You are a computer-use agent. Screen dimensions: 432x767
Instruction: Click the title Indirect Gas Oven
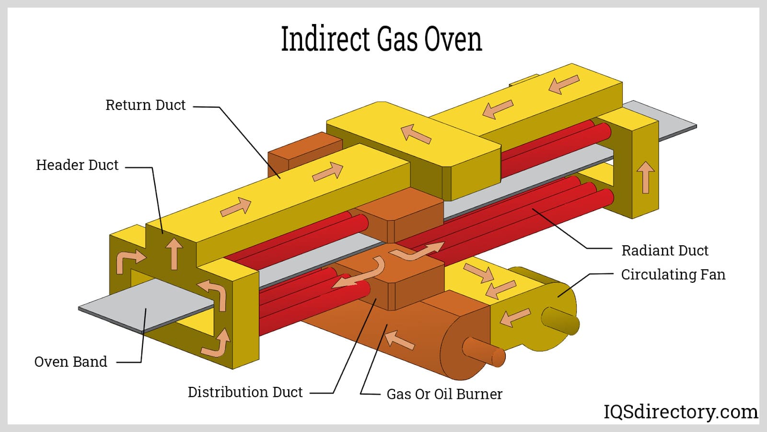click(381, 39)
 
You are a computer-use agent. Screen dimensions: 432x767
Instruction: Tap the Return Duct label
click(145, 105)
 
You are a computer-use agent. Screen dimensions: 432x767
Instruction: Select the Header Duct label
click(77, 165)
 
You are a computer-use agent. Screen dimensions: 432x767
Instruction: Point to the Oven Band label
click(70, 362)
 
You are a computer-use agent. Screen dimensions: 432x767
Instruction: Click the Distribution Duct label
click(245, 392)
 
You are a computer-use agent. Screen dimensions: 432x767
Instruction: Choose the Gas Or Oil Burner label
click(444, 394)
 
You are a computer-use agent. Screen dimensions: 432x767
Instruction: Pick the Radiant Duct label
click(664, 251)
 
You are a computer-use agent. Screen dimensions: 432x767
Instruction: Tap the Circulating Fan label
click(673, 275)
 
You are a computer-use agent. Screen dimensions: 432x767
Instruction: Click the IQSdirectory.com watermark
click(680, 412)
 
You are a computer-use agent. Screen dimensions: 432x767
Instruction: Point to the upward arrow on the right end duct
click(646, 177)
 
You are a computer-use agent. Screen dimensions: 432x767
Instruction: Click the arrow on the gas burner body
click(400, 339)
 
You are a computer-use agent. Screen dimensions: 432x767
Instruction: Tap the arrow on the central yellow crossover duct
click(416, 133)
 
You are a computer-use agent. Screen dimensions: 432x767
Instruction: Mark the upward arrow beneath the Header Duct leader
click(174, 253)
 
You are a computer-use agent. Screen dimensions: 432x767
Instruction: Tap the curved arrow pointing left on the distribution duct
click(357, 275)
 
